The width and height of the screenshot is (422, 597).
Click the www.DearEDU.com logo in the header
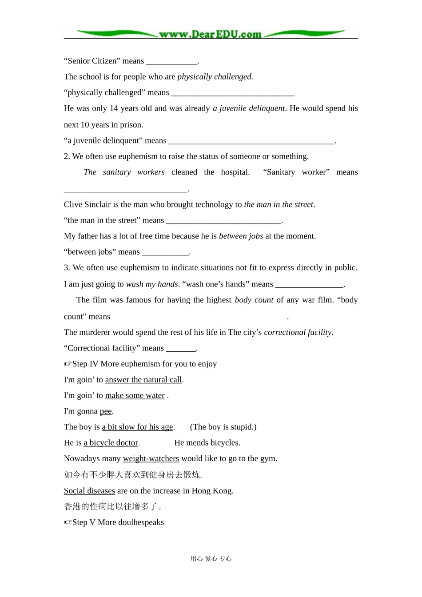pyautogui.click(x=211, y=34)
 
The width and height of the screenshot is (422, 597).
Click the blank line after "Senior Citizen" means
pyautogui.click(x=172, y=62)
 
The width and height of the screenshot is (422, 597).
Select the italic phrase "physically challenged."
pyautogui.click(x=215, y=77)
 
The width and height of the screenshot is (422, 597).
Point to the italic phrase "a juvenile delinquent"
pyautogui.click(x=249, y=108)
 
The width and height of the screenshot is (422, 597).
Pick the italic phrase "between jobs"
pyautogui.click(x=241, y=236)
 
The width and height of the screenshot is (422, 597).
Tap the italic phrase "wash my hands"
pyautogui.click(x=152, y=284)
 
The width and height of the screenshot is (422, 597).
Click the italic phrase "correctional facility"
pyautogui.click(x=298, y=332)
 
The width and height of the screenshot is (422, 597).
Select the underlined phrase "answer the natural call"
pyautogui.click(x=143, y=380)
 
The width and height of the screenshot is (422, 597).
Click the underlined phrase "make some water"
pyautogui.click(x=135, y=396)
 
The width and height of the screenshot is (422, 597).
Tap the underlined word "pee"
pyautogui.click(x=106, y=411)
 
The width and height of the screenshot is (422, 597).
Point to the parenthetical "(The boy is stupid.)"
pyautogui.click(x=223, y=427)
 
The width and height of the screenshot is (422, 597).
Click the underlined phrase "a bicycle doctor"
pyautogui.click(x=111, y=443)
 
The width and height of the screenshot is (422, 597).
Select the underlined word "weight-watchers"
pyautogui.click(x=151, y=459)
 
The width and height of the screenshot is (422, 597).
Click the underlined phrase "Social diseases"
pyautogui.click(x=89, y=491)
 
